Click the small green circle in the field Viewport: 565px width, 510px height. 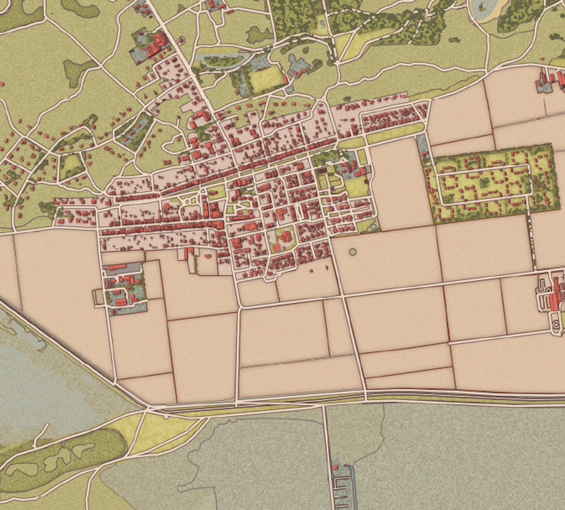pos(352,252)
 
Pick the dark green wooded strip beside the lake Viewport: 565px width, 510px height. pos(62,459)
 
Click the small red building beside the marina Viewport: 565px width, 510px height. pos(335,465)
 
